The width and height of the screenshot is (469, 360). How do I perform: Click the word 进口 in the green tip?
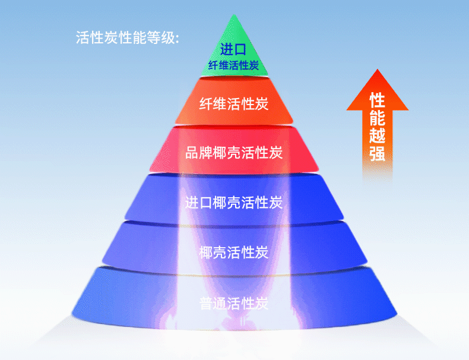(233, 49)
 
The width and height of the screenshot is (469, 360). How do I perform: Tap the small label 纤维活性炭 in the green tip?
(233, 65)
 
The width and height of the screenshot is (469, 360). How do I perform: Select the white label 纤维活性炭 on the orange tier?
(234, 105)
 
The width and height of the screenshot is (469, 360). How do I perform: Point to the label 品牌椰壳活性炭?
(234, 152)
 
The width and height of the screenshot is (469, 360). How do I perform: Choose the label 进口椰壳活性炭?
(234, 202)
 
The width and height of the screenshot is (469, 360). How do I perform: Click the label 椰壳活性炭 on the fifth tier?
(234, 252)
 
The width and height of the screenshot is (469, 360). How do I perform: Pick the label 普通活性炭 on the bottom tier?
(234, 304)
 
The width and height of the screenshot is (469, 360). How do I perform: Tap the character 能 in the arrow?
(377, 118)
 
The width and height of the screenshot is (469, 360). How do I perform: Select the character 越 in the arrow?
(377, 135)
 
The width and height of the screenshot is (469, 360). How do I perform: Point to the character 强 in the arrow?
(377, 153)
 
